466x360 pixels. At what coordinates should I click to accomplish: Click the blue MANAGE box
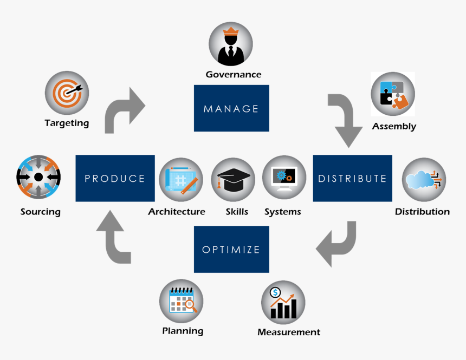(231, 108)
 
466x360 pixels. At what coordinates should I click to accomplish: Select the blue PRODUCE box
(115, 178)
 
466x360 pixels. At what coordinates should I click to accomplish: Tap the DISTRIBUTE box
(352, 178)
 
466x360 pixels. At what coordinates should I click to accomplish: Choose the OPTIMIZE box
(231, 250)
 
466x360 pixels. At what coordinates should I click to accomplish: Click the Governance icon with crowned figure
(231, 44)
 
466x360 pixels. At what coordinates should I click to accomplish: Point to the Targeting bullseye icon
(67, 93)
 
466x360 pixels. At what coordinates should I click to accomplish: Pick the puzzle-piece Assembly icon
(393, 94)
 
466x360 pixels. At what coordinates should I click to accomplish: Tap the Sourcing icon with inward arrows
(38, 178)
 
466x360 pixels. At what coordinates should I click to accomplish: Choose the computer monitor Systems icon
(284, 178)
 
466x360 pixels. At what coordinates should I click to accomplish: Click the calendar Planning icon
(182, 301)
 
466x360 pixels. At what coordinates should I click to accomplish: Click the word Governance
(234, 75)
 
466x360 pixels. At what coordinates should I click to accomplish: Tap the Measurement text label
(289, 332)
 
